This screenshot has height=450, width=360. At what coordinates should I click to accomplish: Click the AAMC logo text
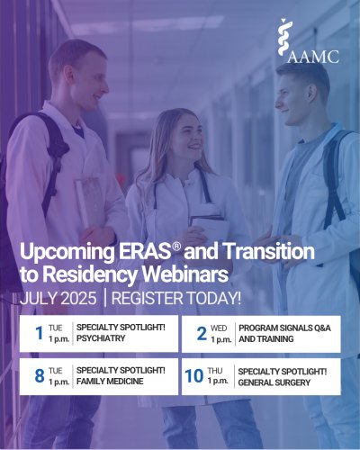tap(313, 57)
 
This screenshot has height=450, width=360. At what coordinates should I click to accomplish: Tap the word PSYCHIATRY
tap(101, 338)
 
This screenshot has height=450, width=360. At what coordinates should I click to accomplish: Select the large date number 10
tap(194, 376)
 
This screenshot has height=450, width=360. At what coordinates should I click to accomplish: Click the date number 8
tap(40, 376)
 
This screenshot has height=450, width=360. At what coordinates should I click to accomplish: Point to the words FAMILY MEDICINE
tap(110, 382)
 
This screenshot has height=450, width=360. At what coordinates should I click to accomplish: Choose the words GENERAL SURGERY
tap(274, 382)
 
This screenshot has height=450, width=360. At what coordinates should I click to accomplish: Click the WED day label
tap(219, 328)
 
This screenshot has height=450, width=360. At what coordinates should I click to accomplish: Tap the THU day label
tap(215, 371)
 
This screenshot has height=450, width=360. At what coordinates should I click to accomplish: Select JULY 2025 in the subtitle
tap(58, 299)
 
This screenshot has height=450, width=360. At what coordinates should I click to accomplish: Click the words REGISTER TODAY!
tap(176, 299)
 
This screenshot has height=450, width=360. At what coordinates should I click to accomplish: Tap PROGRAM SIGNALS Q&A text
tap(284, 328)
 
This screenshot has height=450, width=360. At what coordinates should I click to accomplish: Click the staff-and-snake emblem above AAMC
tap(283, 37)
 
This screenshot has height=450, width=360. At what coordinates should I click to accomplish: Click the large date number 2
tap(202, 334)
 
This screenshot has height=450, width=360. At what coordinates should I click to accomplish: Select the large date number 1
tap(40, 333)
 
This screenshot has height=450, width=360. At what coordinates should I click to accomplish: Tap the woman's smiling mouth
tap(195, 147)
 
